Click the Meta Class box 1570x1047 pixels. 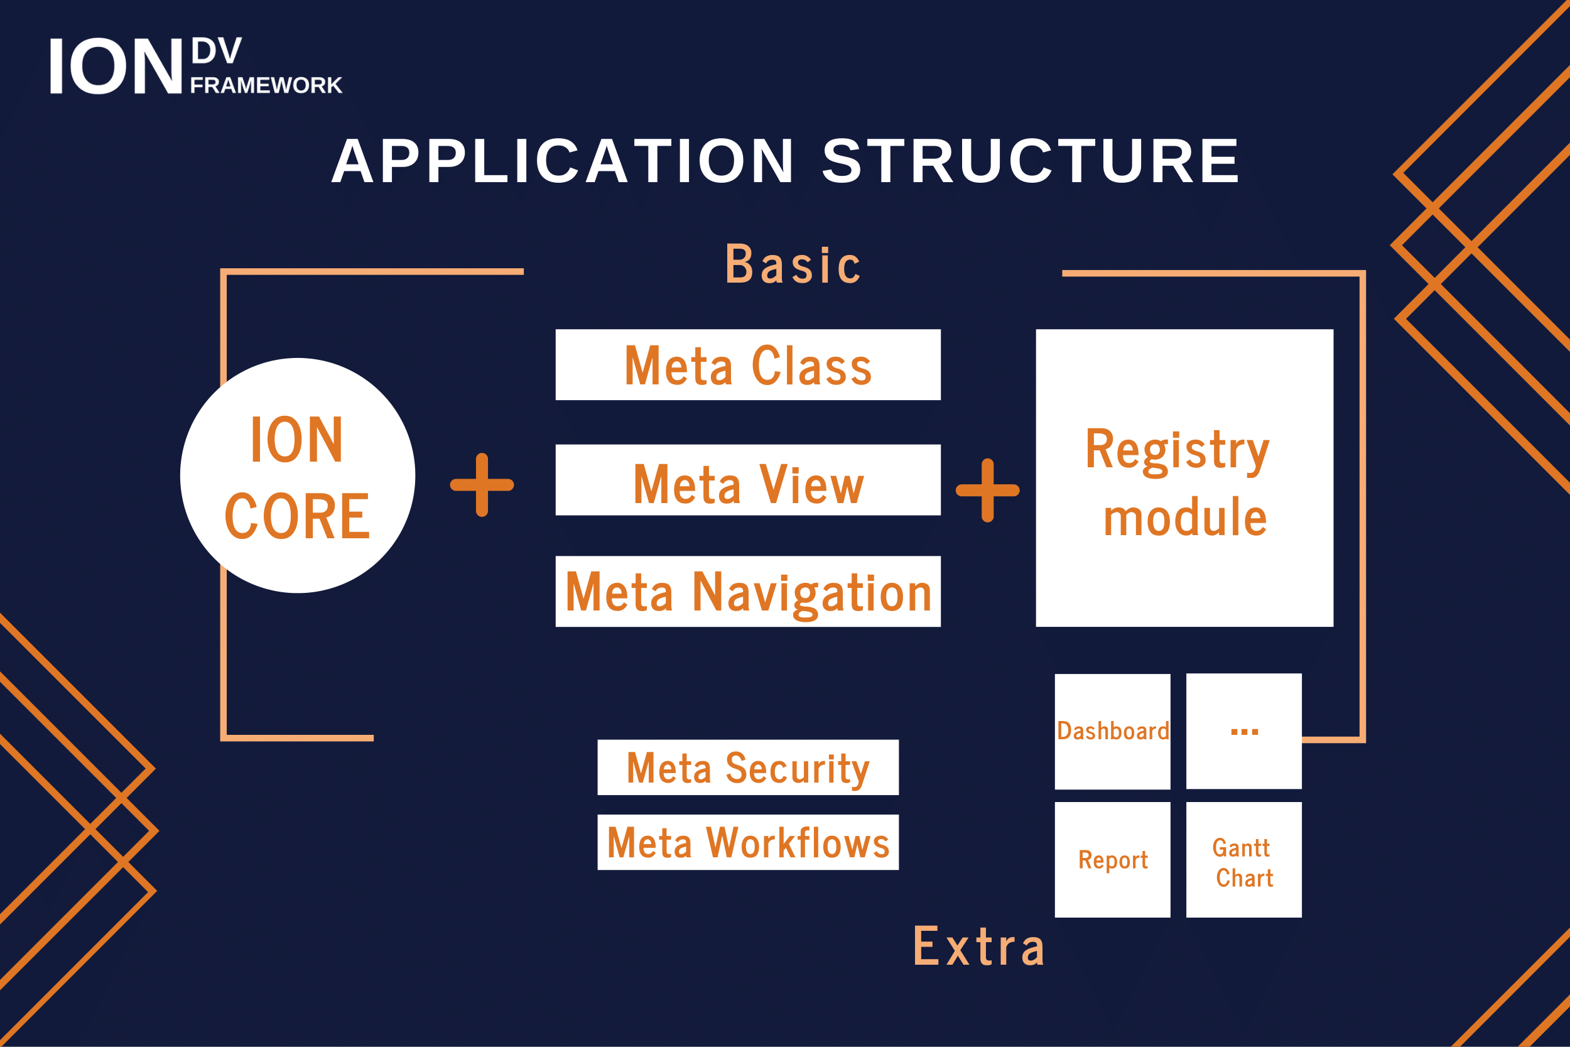point(747,364)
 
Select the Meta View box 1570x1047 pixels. point(747,480)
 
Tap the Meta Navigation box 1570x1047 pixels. point(747,592)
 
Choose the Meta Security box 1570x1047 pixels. point(747,768)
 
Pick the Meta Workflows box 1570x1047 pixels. point(747,842)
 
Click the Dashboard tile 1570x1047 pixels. point(1112,731)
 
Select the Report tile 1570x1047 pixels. point(1112,859)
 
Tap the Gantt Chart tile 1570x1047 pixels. point(1243,859)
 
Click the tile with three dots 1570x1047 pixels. point(1243,731)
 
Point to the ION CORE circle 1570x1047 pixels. point(298,475)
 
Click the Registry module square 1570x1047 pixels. point(1184,478)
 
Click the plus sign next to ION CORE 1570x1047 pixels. point(482,485)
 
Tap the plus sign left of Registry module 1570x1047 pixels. point(987,490)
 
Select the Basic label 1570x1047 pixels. point(793,265)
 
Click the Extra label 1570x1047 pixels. point(978,947)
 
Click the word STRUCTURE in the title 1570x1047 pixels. point(1031,161)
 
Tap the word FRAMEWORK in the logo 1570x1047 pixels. point(266,85)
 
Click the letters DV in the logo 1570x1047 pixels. point(216,52)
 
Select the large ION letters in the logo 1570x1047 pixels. point(116,66)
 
